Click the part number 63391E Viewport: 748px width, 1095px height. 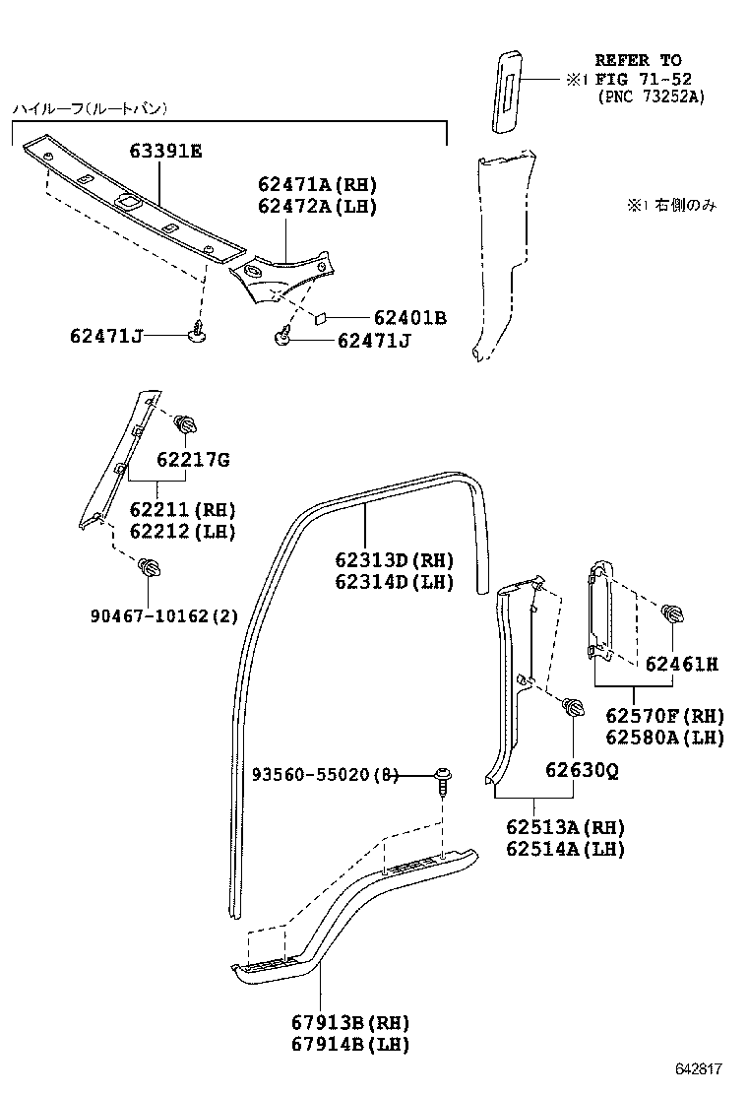[165, 151]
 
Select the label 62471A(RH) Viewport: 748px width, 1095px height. [317, 185]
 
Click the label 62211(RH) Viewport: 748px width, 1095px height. [183, 509]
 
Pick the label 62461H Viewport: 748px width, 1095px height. [681, 665]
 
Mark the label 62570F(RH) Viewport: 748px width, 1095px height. [664, 716]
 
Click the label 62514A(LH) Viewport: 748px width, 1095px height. [566, 849]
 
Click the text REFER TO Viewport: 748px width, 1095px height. [638, 61]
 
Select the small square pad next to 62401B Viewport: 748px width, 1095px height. [321, 318]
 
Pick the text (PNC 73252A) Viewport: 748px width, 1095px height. [651, 97]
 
